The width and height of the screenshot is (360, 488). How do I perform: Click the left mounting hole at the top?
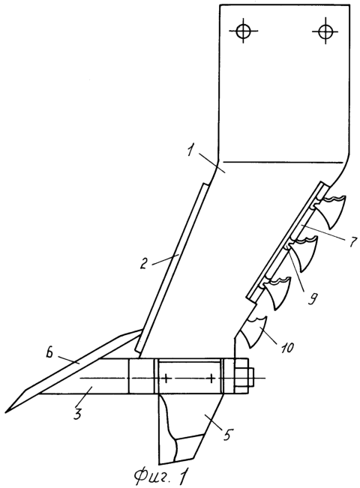243,31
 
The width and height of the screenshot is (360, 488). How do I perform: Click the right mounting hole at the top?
325,31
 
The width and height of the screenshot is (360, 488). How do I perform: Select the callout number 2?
143,263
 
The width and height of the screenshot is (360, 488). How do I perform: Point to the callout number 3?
78,413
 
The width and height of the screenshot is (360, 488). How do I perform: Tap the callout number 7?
352,241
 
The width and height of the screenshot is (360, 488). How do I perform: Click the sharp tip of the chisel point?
5,413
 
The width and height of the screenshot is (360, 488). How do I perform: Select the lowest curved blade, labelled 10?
256,331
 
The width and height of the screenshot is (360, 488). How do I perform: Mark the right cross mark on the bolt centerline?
212,379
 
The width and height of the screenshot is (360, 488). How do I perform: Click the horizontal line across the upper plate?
282,162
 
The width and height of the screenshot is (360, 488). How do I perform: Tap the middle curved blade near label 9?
303,252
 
